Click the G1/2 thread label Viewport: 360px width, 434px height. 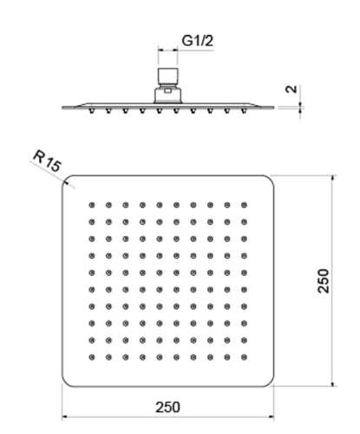point(198,41)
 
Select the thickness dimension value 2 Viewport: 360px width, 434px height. point(291,89)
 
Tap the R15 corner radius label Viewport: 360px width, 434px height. point(47,161)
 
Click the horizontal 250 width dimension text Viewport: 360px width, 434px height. point(167,407)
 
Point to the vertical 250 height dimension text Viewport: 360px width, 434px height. point(324,281)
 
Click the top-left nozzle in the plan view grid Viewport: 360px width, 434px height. point(92,205)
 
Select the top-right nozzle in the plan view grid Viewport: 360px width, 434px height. point(244,205)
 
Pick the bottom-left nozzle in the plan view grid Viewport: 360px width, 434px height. point(92,358)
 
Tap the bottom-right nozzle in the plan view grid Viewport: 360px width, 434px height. point(244,358)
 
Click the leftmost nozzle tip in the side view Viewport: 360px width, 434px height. point(92,111)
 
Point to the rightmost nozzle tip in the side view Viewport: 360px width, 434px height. point(244,111)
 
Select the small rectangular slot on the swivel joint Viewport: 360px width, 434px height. point(167,91)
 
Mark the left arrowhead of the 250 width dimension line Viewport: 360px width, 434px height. point(65,417)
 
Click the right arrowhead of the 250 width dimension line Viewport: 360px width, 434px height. point(271,417)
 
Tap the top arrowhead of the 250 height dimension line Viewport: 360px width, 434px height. point(333,178)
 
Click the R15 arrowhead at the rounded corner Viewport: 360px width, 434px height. point(66,181)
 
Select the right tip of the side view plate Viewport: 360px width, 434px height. point(273,108)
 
